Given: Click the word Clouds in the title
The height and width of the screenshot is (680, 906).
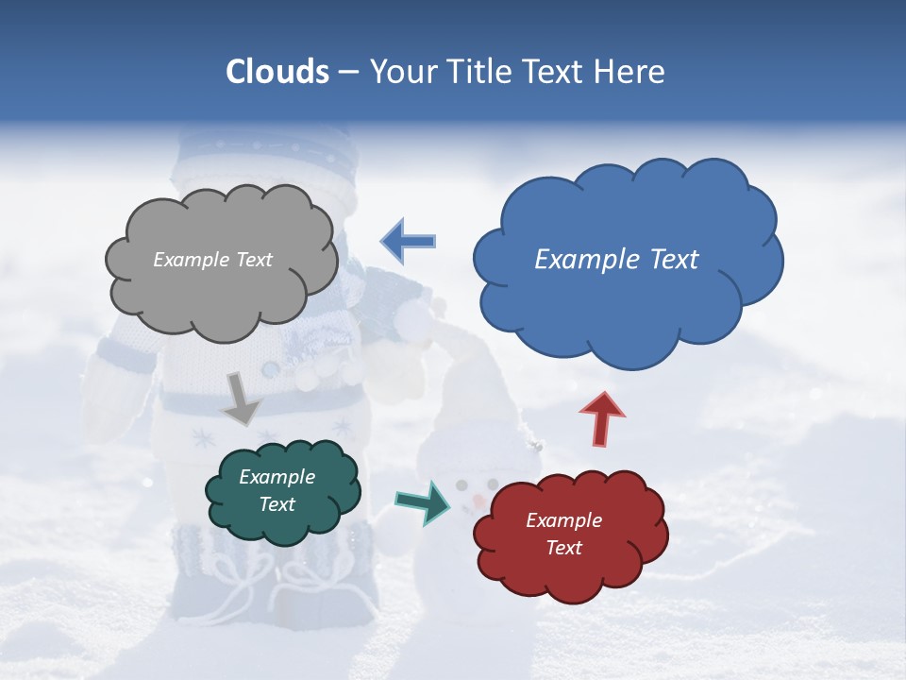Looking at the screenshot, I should [277, 72].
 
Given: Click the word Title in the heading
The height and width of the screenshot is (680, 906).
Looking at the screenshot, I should [478, 72].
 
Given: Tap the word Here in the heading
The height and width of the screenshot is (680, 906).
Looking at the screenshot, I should [630, 72].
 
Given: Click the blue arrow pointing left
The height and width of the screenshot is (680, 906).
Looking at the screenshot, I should [408, 241].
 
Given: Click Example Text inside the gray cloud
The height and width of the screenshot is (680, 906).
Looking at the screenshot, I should [212, 260].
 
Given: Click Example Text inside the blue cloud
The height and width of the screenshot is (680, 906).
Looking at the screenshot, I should [616, 260].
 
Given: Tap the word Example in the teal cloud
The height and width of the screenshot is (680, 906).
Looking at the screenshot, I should [277, 477].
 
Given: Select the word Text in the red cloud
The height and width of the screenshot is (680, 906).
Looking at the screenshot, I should [563, 548].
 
